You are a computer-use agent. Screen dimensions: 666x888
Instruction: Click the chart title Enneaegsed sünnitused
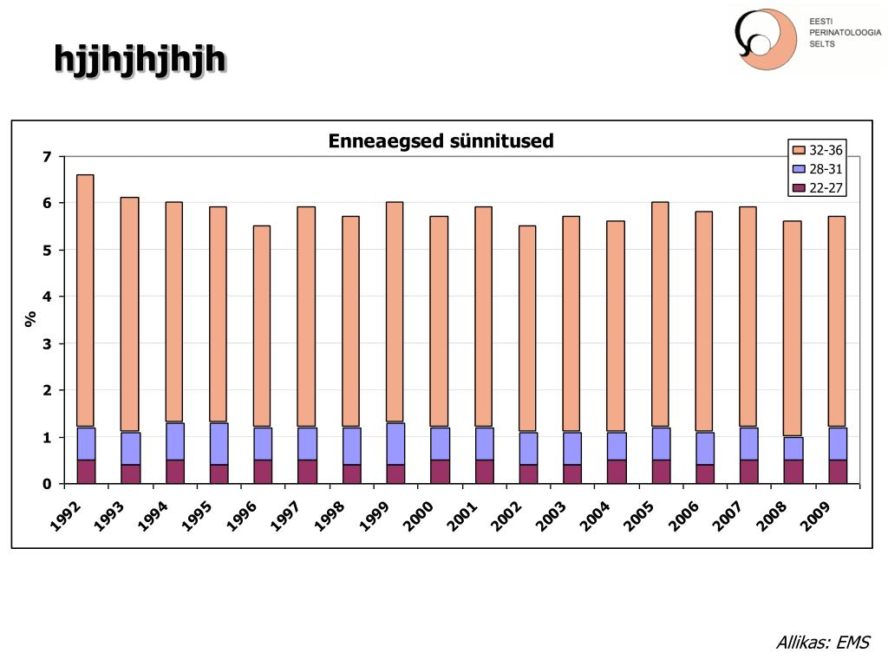click(441, 141)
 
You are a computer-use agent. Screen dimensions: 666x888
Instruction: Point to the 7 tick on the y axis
click(48, 157)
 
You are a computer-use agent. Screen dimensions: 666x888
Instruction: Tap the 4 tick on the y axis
click(48, 297)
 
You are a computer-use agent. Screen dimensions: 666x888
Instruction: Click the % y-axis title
click(31, 319)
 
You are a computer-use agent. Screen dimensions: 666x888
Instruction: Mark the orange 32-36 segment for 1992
click(85, 301)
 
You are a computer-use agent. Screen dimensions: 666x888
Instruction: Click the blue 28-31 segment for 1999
click(395, 444)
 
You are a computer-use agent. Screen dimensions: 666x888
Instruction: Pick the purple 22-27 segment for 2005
click(660, 472)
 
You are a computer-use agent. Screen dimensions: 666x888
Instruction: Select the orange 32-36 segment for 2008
click(793, 329)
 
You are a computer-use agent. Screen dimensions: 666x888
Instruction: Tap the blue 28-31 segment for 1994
click(174, 441)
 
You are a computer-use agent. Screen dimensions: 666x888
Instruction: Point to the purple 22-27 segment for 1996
click(262, 472)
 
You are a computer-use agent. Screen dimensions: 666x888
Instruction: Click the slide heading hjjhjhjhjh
click(140, 59)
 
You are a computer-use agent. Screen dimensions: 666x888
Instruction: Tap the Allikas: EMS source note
click(822, 643)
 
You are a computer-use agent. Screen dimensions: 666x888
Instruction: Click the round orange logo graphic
click(766, 39)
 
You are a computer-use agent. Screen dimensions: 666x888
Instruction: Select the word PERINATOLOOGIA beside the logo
click(845, 32)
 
